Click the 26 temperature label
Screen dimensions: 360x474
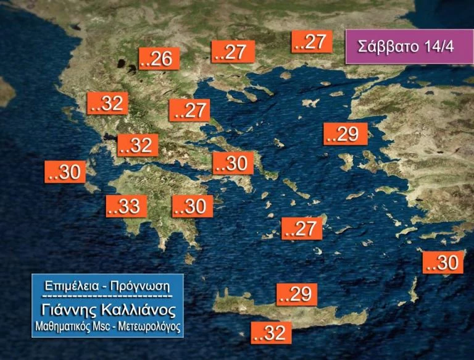[x=159, y=59]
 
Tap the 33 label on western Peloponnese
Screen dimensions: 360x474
[x=127, y=206]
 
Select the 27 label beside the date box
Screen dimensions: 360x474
[x=313, y=41]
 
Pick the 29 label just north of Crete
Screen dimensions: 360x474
[x=297, y=295]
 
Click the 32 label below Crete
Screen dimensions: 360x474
[x=271, y=333]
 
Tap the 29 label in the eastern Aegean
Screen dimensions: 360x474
[x=346, y=134]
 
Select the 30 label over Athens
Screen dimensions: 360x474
[x=233, y=164]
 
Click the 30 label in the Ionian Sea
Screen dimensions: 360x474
[x=65, y=172]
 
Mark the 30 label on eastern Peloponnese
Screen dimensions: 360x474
[x=193, y=206]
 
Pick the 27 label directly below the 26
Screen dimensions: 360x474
[x=189, y=111]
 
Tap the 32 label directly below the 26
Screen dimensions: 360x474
[x=108, y=104]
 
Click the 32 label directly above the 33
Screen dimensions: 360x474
[x=138, y=145]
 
